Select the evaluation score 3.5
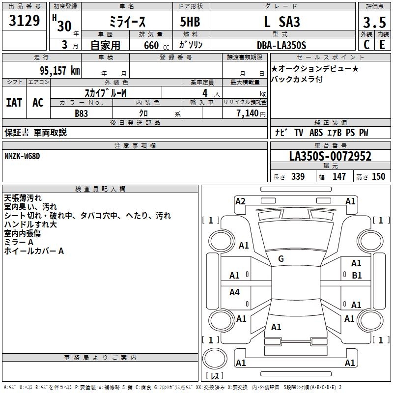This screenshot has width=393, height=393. pyautogui.click(x=373, y=23)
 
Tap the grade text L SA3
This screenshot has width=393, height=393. pyautogui.click(x=281, y=22)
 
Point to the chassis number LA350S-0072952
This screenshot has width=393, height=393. pyautogui.click(x=330, y=157)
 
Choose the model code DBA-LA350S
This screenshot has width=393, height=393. pyautogui.click(x=281, y=45)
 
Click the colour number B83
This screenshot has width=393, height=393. pyautogui.click(x=82, y=113)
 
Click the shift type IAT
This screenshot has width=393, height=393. pyautogui.click(x=14, y=103)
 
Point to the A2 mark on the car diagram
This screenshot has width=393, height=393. pyautogui.click(x=240, y=201)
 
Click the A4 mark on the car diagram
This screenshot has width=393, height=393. pyautogui.click(x=234, y=292)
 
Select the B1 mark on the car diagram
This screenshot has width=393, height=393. pyautogui.click(x=357, y=276)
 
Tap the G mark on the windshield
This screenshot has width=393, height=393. pyautogui.click(x=281, y=259)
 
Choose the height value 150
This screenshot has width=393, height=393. pyautogui.click(x=378, y=177)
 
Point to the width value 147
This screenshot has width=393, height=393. pyautogui.click(x=339, y=177)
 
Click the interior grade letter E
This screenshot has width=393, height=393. pyautogui.click(x=382, y=45)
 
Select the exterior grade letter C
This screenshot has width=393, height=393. pyautogui.click(x=366, y=45)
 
